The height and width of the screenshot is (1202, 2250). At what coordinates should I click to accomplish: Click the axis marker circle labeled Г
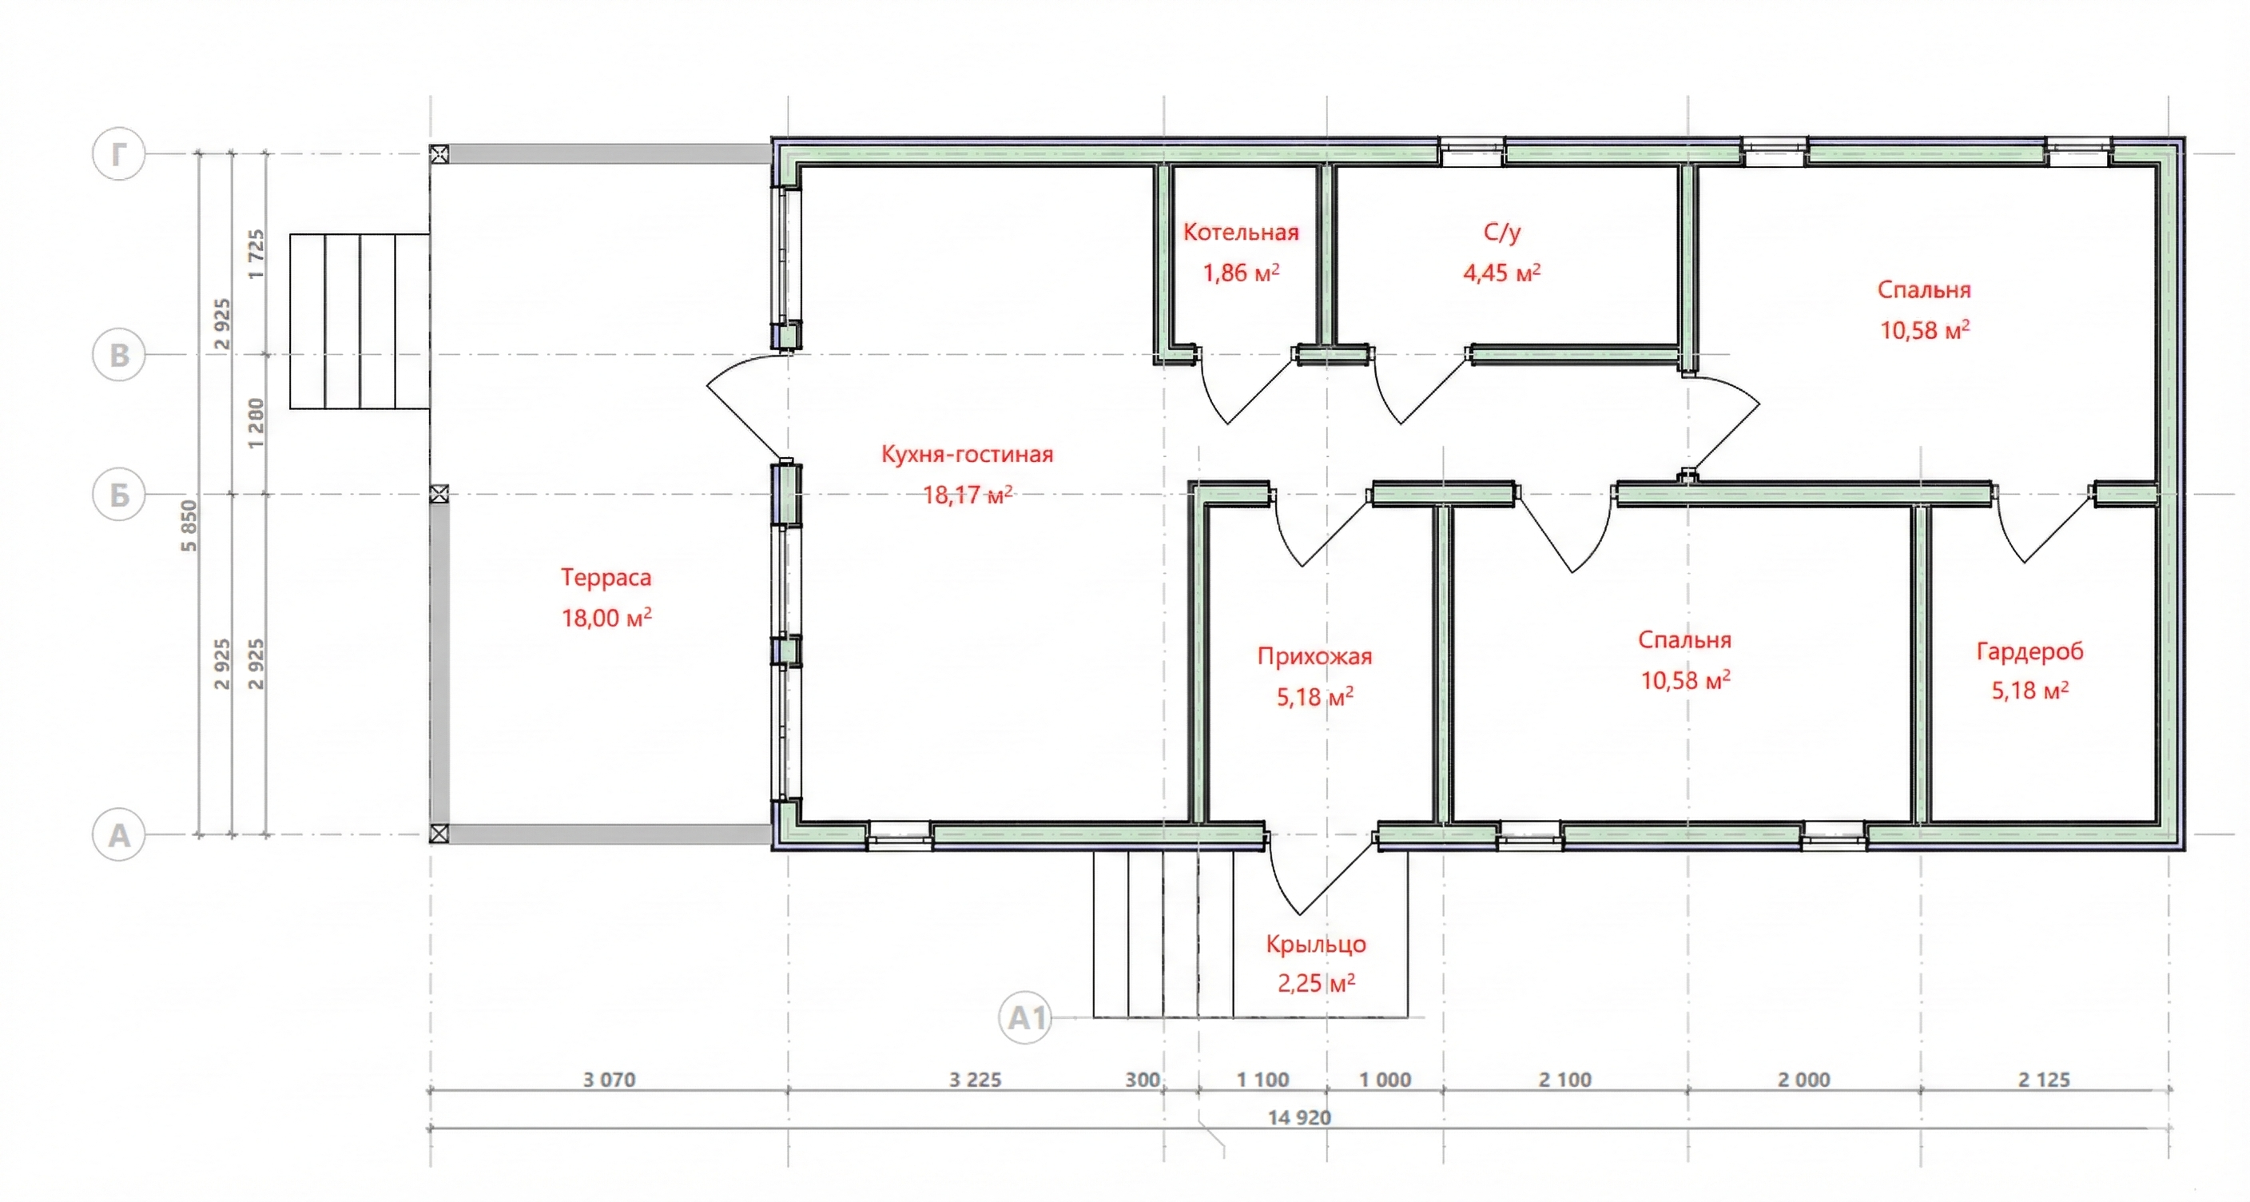tap(119, 153)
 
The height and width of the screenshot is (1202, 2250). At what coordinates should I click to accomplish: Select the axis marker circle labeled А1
tap(1024, 1017)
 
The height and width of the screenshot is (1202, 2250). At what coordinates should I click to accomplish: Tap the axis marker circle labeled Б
tap(119, 495)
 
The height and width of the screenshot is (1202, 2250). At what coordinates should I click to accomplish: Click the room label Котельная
tap(1240, 233)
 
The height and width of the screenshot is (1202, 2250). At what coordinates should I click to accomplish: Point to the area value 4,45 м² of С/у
tap(1501, 273)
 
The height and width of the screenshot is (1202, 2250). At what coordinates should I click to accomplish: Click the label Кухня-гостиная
tap(967, 454)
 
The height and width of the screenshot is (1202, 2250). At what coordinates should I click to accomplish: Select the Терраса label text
tap(606, 577)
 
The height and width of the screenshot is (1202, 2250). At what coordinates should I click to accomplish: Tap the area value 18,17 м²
tap(968, 496)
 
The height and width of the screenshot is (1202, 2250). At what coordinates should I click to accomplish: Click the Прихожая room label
tap(1314, 657)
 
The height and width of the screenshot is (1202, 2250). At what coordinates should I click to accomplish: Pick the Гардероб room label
tap(2030, 651)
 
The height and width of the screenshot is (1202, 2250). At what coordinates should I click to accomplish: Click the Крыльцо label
tap(1315, 945)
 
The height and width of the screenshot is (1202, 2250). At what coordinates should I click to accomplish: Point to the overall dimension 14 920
tap(1300, 1117)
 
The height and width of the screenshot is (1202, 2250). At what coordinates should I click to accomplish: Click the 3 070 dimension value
tap(610, 1080)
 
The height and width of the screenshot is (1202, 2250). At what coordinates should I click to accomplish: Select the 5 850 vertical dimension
tap(189, 526)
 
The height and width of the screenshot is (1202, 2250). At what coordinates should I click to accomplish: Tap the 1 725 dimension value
tap(255, 254)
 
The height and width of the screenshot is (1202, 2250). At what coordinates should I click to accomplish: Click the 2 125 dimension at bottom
tap(2044, 1080)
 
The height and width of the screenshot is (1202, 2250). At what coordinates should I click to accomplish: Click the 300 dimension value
tap(1143, 1080)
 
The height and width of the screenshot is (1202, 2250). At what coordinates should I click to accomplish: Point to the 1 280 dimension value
tap(255, 424)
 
